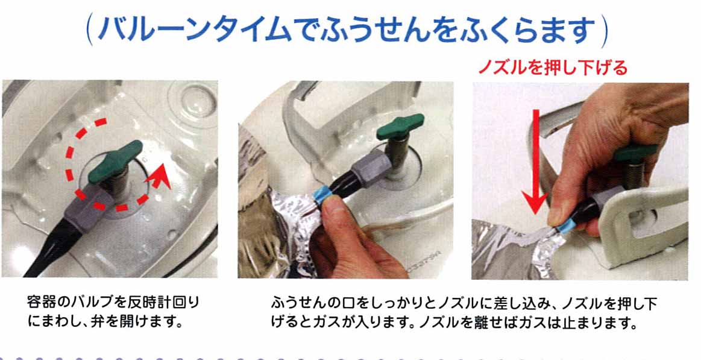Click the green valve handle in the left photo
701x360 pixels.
[115, 162]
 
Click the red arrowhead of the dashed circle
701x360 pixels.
[157, 175]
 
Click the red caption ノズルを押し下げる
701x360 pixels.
[553, 68]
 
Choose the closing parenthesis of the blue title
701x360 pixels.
[604, 31]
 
